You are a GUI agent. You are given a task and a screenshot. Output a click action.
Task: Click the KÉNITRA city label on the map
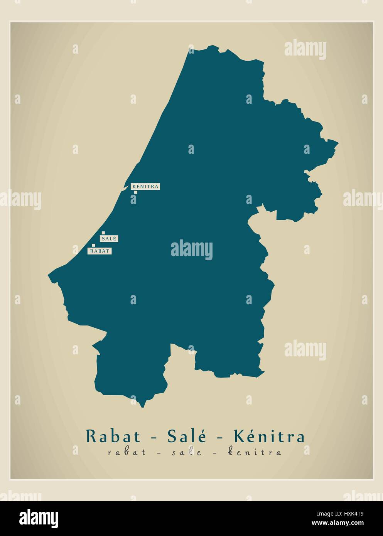pos(145,186)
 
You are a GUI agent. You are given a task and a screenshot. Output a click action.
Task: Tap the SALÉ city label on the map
pos(109,239)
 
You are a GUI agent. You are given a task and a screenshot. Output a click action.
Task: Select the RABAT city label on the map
pos(100,251)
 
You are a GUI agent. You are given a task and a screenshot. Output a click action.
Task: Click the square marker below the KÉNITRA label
pos(136,192)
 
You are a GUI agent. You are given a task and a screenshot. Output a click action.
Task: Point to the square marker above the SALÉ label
pos(103,233)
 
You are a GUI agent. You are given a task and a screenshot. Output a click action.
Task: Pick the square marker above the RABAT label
pos(93,245)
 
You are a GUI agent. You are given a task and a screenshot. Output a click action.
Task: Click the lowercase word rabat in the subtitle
pos(127,452)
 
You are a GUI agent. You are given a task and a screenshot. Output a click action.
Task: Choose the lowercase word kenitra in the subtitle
pos(254,452)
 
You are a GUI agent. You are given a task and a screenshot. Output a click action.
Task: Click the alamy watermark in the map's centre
pos(191,249)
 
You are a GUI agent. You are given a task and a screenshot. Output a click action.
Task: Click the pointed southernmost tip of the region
pos(143,406)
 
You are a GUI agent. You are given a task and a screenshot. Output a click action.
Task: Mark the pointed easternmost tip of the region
pos(338,143)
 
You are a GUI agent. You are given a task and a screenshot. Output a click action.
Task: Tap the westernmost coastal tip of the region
pos(49,275)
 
